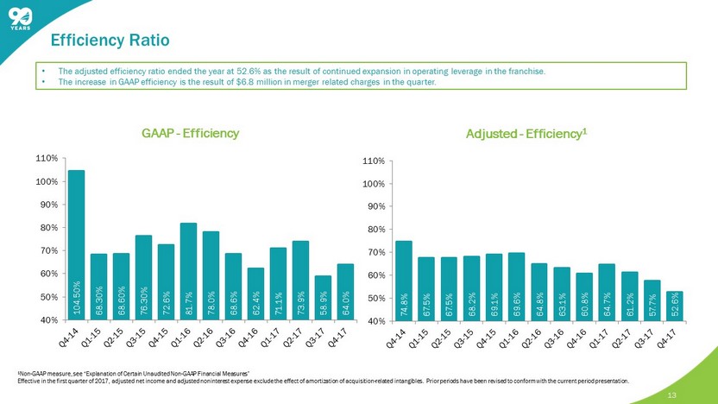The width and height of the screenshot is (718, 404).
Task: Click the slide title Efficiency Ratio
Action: tap(110, 40)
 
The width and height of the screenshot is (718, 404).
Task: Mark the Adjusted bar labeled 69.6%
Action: tap(516, 286)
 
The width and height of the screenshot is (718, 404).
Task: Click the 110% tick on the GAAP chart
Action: tap(47, 159)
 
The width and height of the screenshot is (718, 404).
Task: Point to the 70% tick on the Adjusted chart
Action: tap(374, 252)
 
